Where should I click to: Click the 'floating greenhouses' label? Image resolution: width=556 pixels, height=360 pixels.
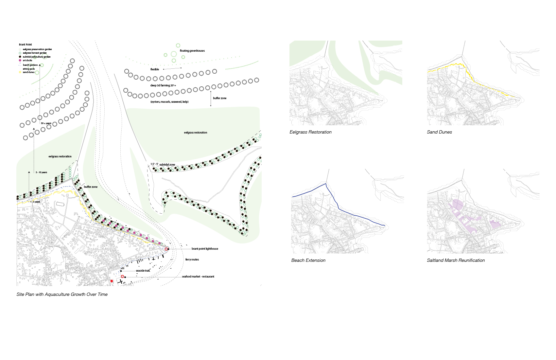tap(192, 51)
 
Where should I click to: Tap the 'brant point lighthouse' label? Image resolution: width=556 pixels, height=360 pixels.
tap(205, 249)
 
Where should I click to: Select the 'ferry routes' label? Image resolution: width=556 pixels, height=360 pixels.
tap(192, 260)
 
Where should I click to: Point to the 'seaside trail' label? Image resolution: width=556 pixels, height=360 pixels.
tap(143, 271)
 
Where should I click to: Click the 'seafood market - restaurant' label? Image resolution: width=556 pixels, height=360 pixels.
tap(198, 277)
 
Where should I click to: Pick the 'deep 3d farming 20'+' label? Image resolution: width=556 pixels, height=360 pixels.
tap(163, 85)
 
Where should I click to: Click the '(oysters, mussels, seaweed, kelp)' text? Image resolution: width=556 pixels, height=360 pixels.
tap(169, 102)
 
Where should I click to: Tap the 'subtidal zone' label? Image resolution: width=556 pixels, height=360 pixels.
tap(167, 165)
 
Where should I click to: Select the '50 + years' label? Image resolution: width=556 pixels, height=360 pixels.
tap(46, 123)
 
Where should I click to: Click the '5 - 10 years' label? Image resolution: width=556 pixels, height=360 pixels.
tap(42, 172)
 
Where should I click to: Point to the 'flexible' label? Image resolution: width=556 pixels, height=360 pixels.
tap(155, 69)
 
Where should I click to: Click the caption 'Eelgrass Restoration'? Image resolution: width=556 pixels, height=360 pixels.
tap(310, 132)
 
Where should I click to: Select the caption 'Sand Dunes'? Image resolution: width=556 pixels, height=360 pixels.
tap(439, 132)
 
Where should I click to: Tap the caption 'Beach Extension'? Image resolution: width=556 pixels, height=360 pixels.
tap(308, 261)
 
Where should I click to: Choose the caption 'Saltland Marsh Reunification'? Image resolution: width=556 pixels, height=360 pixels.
tap(456, 261)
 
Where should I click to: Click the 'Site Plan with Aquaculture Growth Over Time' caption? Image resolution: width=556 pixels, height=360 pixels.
tap(62, 295)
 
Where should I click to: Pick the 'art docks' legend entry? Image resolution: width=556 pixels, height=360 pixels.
tap(27, 61)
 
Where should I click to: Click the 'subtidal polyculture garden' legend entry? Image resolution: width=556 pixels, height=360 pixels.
tap(37, 57)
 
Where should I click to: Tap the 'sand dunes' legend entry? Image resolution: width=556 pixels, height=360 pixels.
tap(28, 72)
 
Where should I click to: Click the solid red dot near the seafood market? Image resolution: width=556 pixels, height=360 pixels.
tap(112, 281)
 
